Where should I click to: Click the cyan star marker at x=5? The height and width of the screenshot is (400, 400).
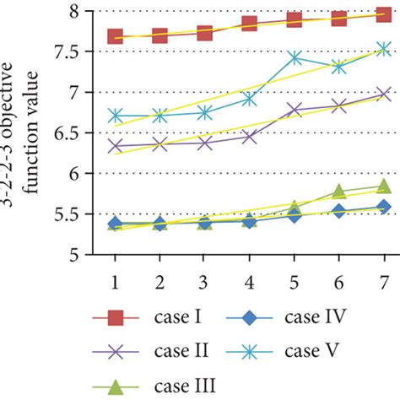coord(295,58)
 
